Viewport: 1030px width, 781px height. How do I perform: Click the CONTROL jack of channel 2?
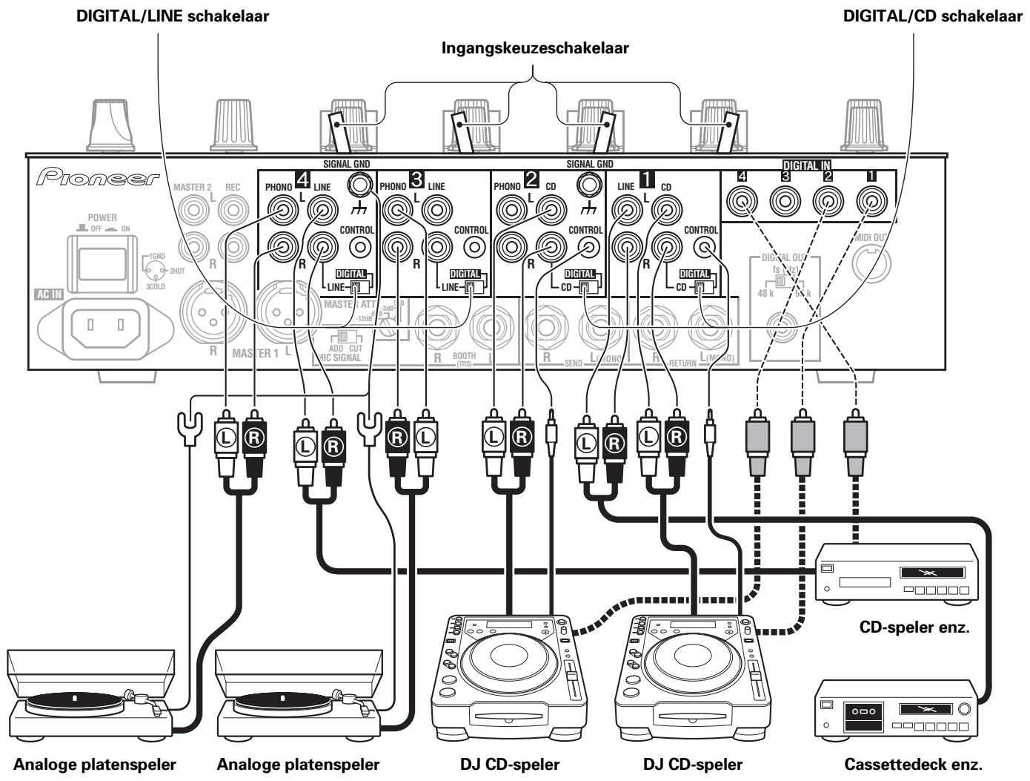coord(590,249)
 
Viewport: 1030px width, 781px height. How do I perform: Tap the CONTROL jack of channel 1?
coord(705,249)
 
